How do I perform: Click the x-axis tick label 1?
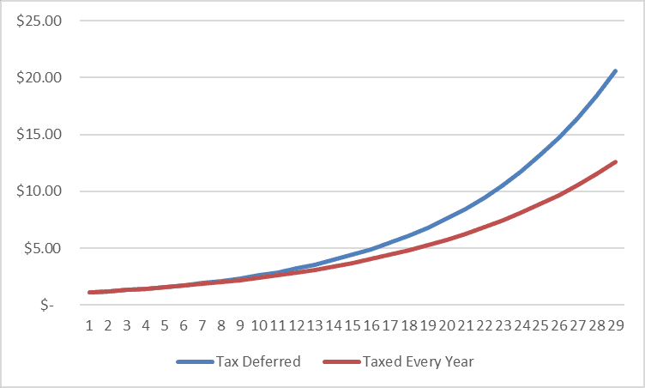(89, 326)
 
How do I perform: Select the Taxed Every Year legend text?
(419, 361)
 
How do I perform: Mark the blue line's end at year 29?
(615, 70)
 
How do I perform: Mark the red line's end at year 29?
(615, 161)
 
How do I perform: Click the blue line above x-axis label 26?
(559, 136)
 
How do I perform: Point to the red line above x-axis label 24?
(521, 212)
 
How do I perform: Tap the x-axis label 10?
(258, 326)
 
